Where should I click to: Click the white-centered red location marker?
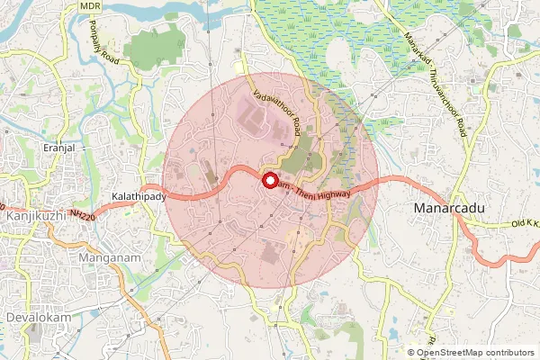270,180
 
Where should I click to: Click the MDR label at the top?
90,5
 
